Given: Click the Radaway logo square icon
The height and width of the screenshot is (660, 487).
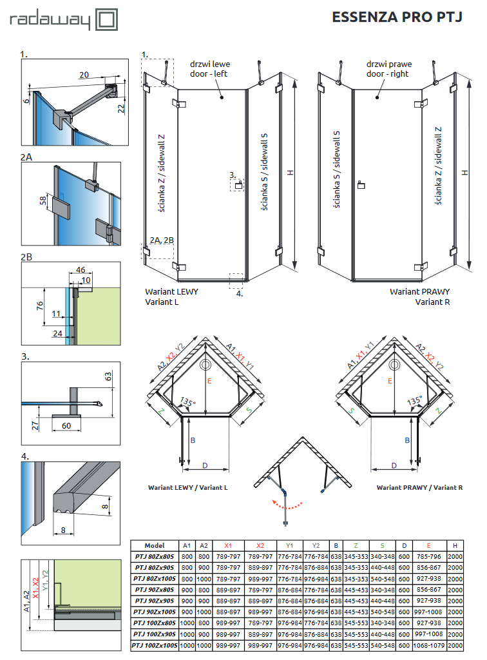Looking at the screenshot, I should coord(106,19).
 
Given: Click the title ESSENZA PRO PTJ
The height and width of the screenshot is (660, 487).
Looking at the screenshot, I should coord(397,17).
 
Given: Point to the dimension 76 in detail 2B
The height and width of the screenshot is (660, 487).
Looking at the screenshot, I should coord(39,305).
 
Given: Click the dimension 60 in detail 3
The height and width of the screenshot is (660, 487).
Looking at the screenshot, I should coord(66,426).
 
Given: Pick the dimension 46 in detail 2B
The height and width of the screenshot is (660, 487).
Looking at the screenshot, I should coord(81,270).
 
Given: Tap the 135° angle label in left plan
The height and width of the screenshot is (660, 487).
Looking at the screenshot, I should coord(188,402).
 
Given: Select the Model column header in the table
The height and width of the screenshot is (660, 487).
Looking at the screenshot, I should coord(155,545).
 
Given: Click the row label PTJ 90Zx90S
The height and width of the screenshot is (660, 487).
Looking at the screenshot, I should coord(155,601).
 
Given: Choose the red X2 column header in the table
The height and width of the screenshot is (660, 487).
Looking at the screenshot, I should coord(260,545).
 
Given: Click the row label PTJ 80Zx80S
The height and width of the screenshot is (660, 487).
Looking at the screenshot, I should coord(155,556).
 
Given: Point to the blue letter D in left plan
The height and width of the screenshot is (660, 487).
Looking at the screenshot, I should coord(205,465).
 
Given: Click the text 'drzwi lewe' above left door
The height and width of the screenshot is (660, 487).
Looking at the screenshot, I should coord(209,64).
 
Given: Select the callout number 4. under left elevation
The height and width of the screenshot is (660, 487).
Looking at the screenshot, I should coord(239,293).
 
